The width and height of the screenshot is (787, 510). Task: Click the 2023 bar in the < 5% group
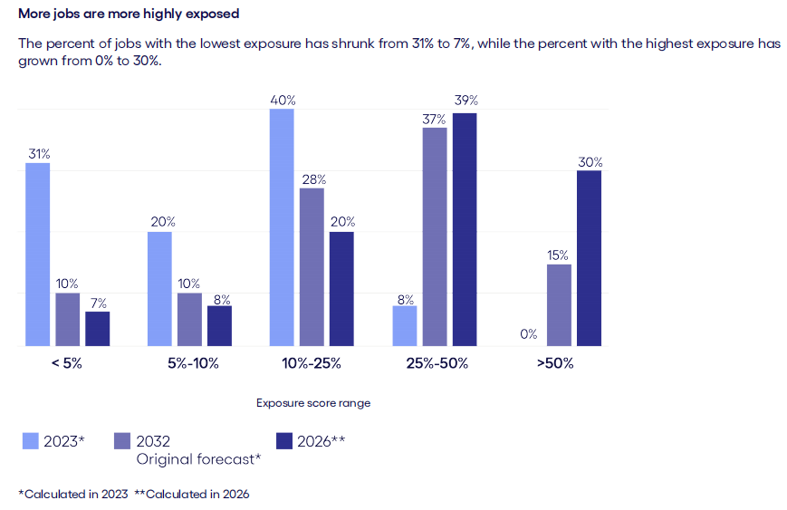[37, 255]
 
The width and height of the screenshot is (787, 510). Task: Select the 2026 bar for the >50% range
[589, 258]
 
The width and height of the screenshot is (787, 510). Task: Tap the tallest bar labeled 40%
[282, 227]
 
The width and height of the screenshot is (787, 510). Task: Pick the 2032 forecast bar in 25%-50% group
[435, 236]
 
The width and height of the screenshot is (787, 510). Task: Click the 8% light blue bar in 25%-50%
[404, 326]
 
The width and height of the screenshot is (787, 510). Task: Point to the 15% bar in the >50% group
[559, 305]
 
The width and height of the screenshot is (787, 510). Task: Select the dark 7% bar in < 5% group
[98, 329]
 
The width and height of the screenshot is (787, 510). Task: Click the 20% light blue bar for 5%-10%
[159, 289]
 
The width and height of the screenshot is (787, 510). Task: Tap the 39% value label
[465, 101]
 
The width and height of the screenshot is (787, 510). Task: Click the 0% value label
[529, 334]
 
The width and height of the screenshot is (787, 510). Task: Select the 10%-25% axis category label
[312, 364]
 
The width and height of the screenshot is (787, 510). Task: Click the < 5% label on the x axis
[66, 364]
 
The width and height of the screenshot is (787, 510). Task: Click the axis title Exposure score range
[312, 403]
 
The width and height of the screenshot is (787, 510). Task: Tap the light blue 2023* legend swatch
[30, 441]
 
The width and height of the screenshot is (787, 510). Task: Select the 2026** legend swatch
[283, 441]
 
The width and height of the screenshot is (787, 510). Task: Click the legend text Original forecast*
[198, 459]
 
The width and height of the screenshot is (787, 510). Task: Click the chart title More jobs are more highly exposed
[129, 14]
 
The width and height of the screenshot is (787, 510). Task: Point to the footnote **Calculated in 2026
[192, 494]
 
